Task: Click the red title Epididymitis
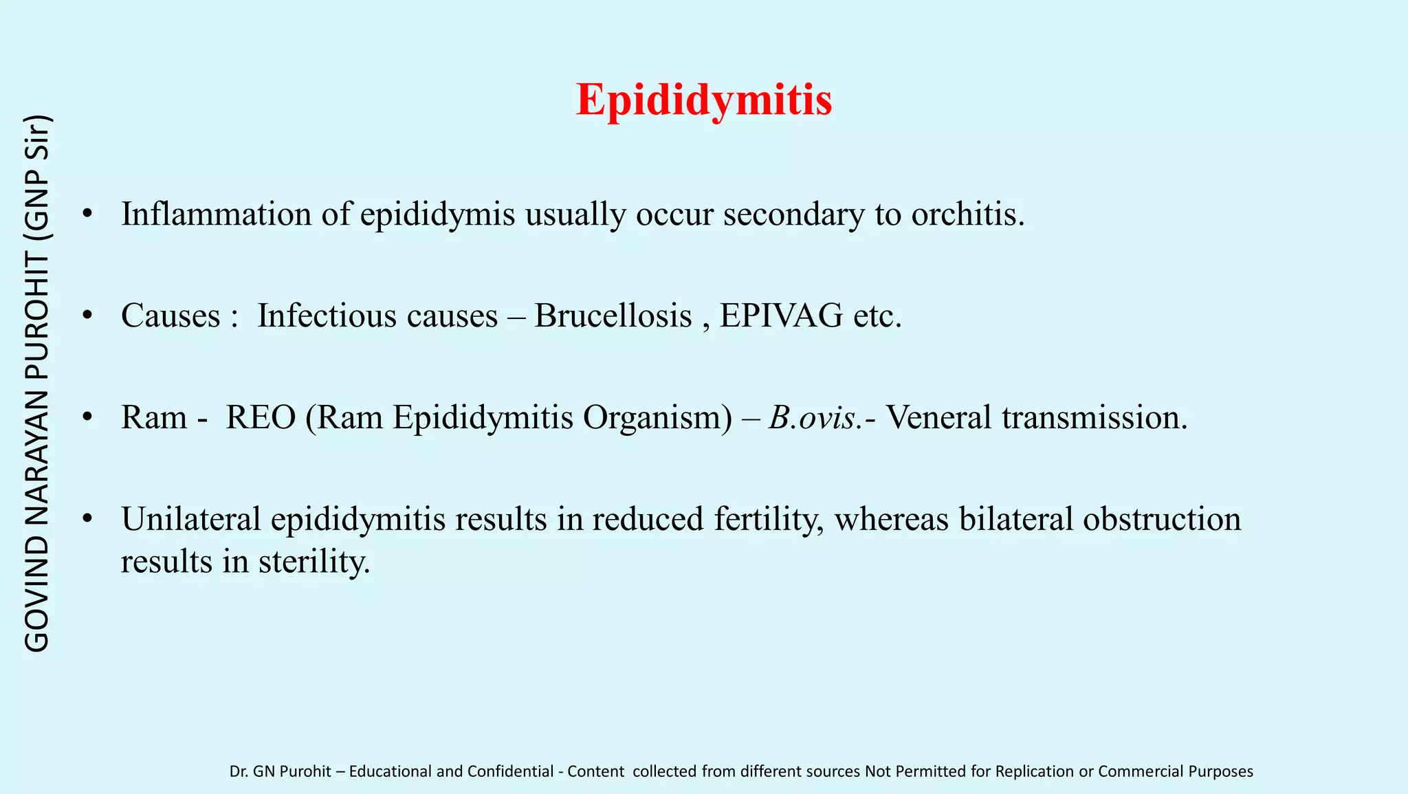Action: pyautogui.click(x=704, y=100)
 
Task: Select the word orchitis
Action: pyautogui.click(x=967, y=214)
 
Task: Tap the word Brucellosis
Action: pyautogui.click(x=613, y=316)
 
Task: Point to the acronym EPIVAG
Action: pyautogui.click(x=781, y=316)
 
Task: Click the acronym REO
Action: pyautogui.click(x=261, y=417)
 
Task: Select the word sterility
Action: pyautogui.click(x=313, y=562)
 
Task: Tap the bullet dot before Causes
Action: pyautogui.click(x=87, y=316)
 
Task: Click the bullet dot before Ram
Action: pyautogui.click(x=87, y=417)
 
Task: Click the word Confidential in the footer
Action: pyautogui.click(x=510, y=771)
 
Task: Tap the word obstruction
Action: pyautogui.click(x=1162, y=519)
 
